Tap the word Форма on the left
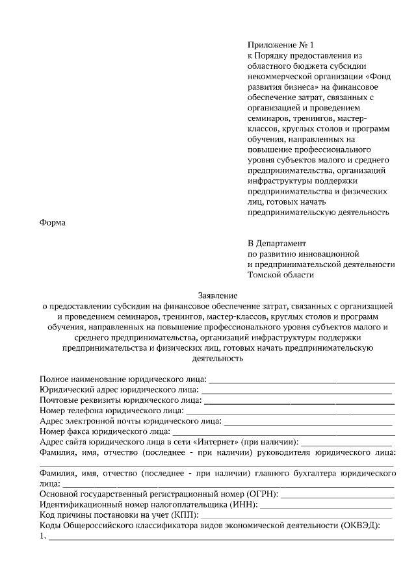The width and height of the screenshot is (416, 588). [53, 223]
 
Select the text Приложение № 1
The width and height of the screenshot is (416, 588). [280, 45]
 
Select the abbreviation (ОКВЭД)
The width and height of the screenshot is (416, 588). [359, 525]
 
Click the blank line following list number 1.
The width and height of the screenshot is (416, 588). [221, 539]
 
